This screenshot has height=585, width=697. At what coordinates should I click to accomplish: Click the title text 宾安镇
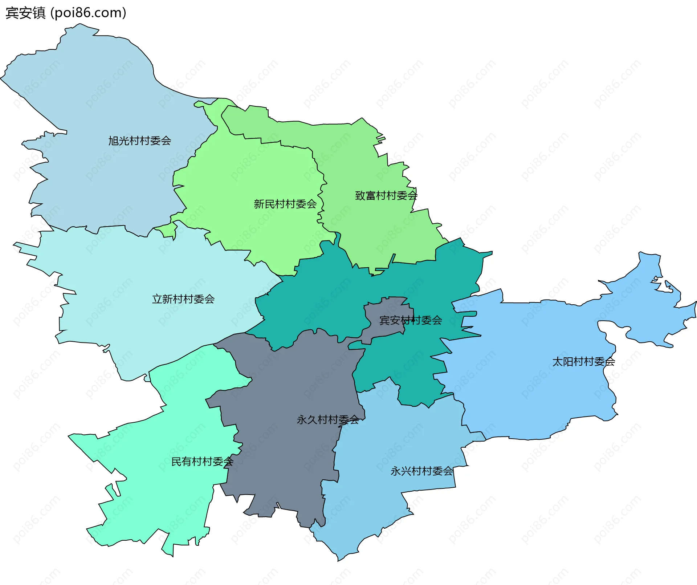point(25,13)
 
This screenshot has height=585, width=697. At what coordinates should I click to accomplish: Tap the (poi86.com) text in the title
point(88,13)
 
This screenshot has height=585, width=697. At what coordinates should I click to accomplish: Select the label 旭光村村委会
point(139,141)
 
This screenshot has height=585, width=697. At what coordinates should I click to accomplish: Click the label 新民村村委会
point(285,204)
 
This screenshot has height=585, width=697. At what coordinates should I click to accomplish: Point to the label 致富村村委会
point(386,196)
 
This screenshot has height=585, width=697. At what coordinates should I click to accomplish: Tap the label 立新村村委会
point(183,299)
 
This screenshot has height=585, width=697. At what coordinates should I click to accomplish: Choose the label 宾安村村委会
point(410,320)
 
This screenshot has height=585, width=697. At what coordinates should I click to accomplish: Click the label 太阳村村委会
point(583,362)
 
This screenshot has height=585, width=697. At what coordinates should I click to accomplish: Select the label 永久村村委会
point(328,420)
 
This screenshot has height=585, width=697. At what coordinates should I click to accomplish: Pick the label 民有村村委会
point(202,462)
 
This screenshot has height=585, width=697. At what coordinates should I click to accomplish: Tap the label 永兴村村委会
point(421,471)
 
